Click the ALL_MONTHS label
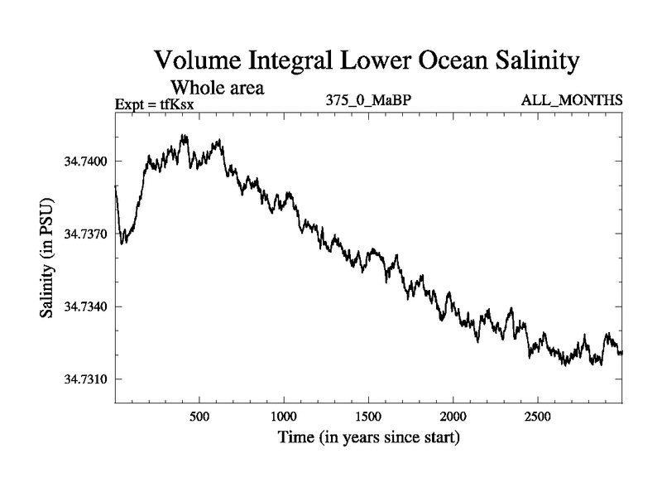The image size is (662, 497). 571,101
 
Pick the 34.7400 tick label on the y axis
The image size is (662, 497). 85,161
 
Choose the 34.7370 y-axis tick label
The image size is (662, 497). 85,234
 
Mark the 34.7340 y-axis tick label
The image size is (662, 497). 85,306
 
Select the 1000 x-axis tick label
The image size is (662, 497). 283,415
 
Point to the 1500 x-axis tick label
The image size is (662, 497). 368,415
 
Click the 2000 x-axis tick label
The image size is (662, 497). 453,415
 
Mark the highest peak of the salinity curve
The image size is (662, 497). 184,136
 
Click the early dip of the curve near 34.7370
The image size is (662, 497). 122,242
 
